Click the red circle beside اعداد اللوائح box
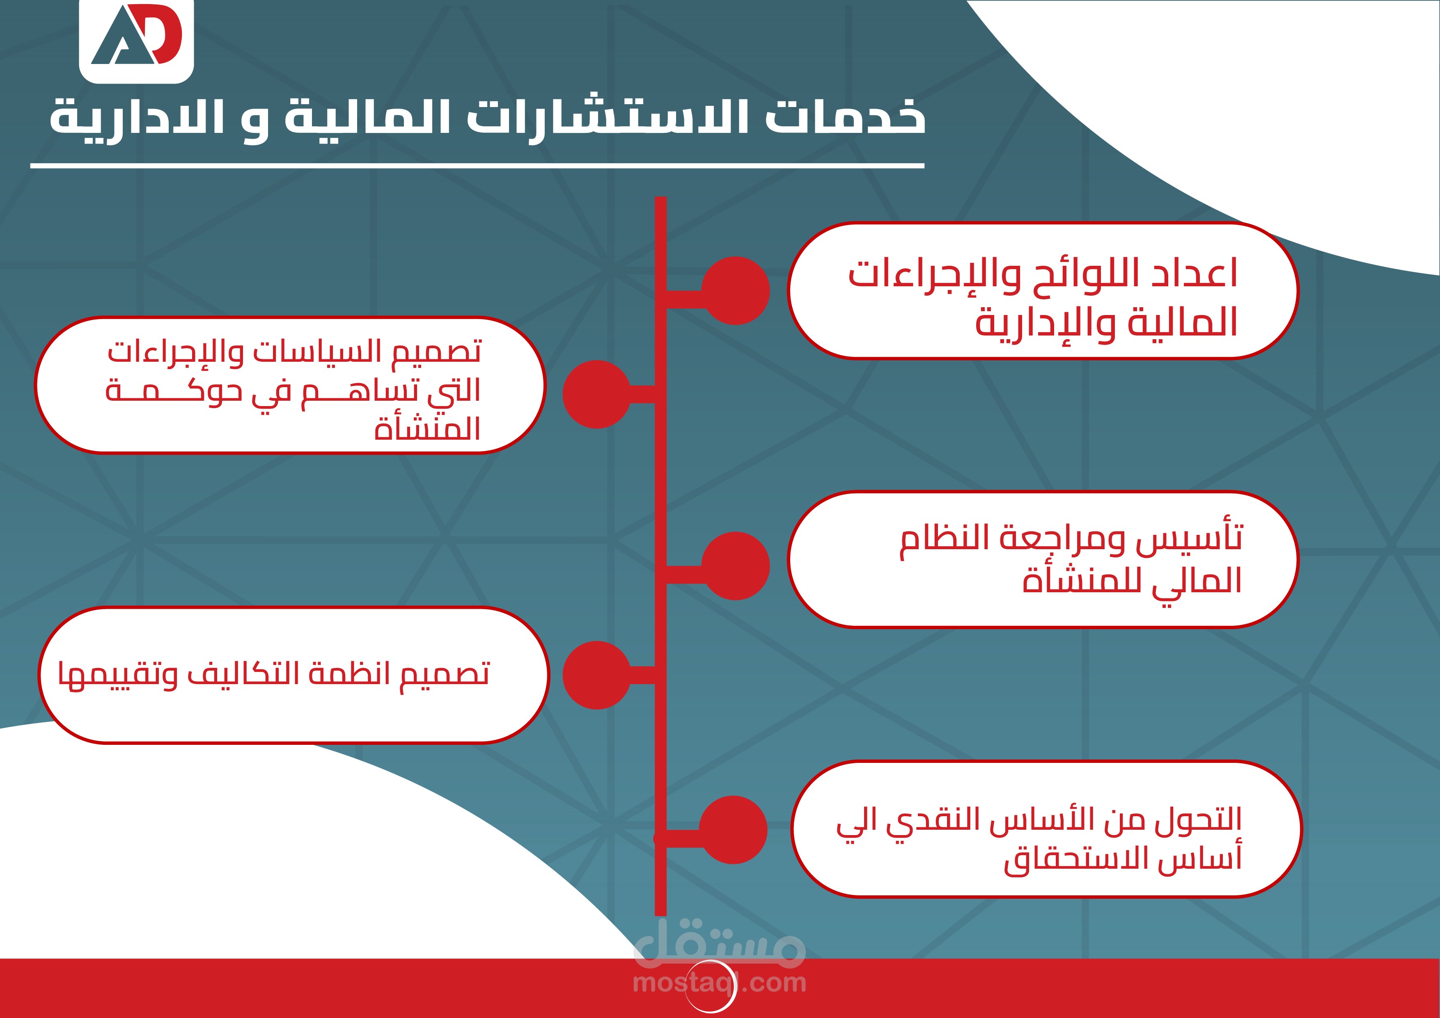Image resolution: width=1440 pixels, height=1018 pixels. coord(735,290)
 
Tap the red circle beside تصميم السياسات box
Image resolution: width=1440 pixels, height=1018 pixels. coord(596,394)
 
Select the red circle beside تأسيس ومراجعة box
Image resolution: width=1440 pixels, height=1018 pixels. coord(735,566)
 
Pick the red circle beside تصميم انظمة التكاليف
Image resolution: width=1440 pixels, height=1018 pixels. coord(596,675)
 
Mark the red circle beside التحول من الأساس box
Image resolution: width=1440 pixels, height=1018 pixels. coord(733,830)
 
